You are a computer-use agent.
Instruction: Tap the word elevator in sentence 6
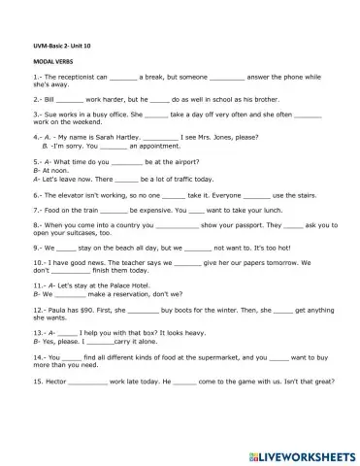[x=71, y=194]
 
